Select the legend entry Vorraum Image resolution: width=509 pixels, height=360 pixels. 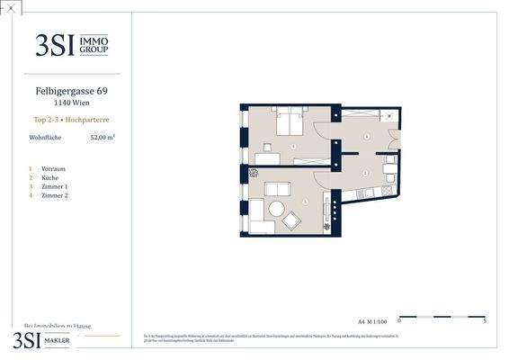[53, 168]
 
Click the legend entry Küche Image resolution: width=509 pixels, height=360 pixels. [51, 177]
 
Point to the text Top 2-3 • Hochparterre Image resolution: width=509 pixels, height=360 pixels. [71, 119]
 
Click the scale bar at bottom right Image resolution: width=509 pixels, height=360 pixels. [442, 316]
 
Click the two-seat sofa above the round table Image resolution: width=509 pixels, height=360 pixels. [277, 189]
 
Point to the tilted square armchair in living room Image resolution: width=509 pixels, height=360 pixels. [291, 220]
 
